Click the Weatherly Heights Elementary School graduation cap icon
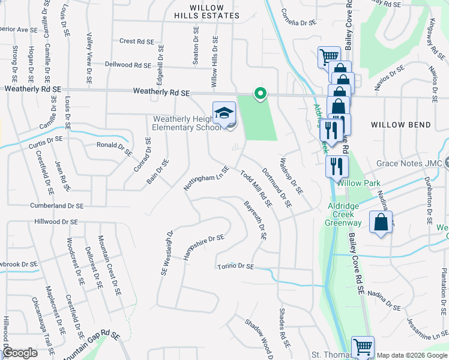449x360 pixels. pos(224,113)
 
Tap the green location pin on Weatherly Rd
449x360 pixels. pos(260,94)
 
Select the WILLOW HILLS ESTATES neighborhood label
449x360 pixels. pos(198,11)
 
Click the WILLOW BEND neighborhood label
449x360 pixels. pos(400,125)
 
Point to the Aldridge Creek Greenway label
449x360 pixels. pos(344,214)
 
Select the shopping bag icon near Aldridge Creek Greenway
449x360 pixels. pos(381,223)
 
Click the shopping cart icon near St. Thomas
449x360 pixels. pos(363,347)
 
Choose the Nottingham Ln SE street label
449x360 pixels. pos(207,180)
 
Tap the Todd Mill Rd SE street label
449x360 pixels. pos(256,188)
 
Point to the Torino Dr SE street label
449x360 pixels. pos(236,266)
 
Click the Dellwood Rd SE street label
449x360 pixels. pos(127,64)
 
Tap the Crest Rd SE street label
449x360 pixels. pos(137,41)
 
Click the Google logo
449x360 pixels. pos(20,353)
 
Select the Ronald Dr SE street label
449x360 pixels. pos(115,148)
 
